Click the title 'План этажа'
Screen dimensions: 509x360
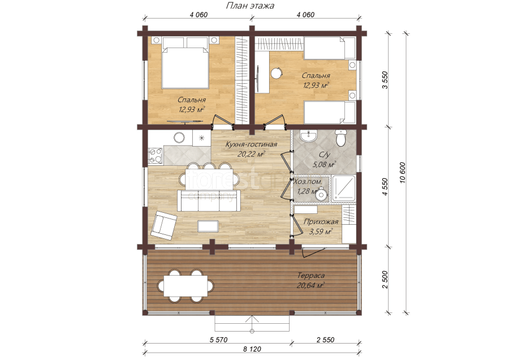pos(250,6)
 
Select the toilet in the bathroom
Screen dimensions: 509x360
pos(341,138)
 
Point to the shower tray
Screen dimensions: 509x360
pos(344,188)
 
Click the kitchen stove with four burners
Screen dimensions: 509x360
pos(156,156)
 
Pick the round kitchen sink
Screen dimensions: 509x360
pos(179,138)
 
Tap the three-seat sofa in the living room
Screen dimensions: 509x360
pos(209,201)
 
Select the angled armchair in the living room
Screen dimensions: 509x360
pos(163,225)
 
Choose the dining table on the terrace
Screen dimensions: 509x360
pos(186,286)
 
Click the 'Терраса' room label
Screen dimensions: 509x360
pos(311,276)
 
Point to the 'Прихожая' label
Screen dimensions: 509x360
pos(321,222)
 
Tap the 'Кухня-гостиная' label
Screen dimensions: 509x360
pos(251,144)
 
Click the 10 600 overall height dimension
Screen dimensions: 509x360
pos(403,173)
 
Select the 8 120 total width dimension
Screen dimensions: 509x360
pos(252,349)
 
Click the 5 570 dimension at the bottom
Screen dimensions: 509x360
pos(218,340)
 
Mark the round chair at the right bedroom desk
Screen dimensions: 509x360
pos(277,73)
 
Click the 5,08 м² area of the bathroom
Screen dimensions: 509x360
pos(324,165)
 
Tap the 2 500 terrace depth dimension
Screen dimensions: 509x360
pos(385,280)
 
